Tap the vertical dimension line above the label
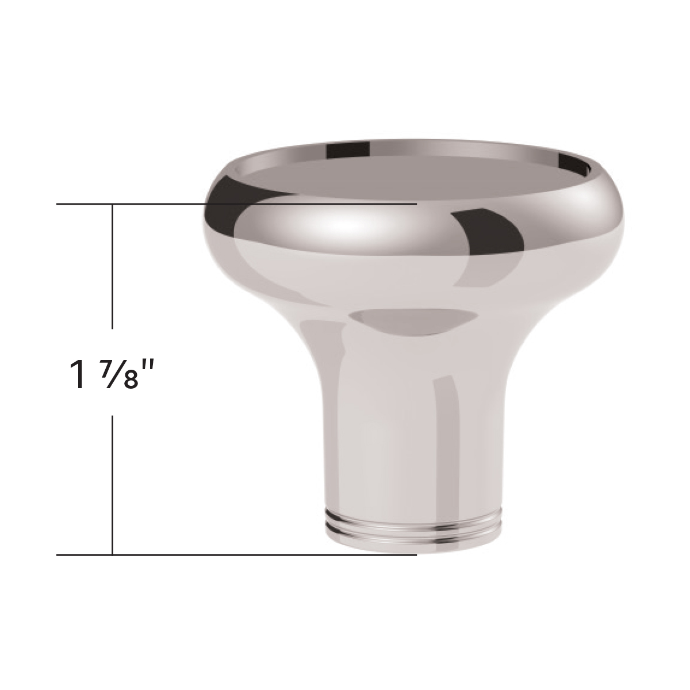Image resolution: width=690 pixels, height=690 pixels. coord(113,264)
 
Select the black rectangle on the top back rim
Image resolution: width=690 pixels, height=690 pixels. coord(348,149)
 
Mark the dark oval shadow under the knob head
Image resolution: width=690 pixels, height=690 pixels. coord(414,322)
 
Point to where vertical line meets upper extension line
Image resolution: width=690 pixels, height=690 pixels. coord(113,204)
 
